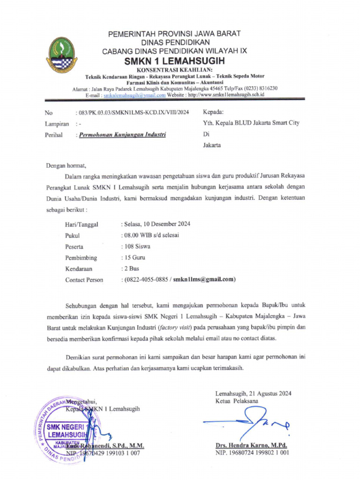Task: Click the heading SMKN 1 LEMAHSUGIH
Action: (174, 61)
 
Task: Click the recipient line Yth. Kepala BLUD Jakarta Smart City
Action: (251, 123)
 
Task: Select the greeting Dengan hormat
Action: (66, 165)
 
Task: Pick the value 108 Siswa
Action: (137, 247)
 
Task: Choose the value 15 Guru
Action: (135, 258)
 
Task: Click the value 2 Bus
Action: (131, 269)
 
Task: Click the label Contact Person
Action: (84, 280)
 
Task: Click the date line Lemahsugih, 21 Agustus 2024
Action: (253, 394)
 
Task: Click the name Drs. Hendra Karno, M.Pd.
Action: (251, 445)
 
